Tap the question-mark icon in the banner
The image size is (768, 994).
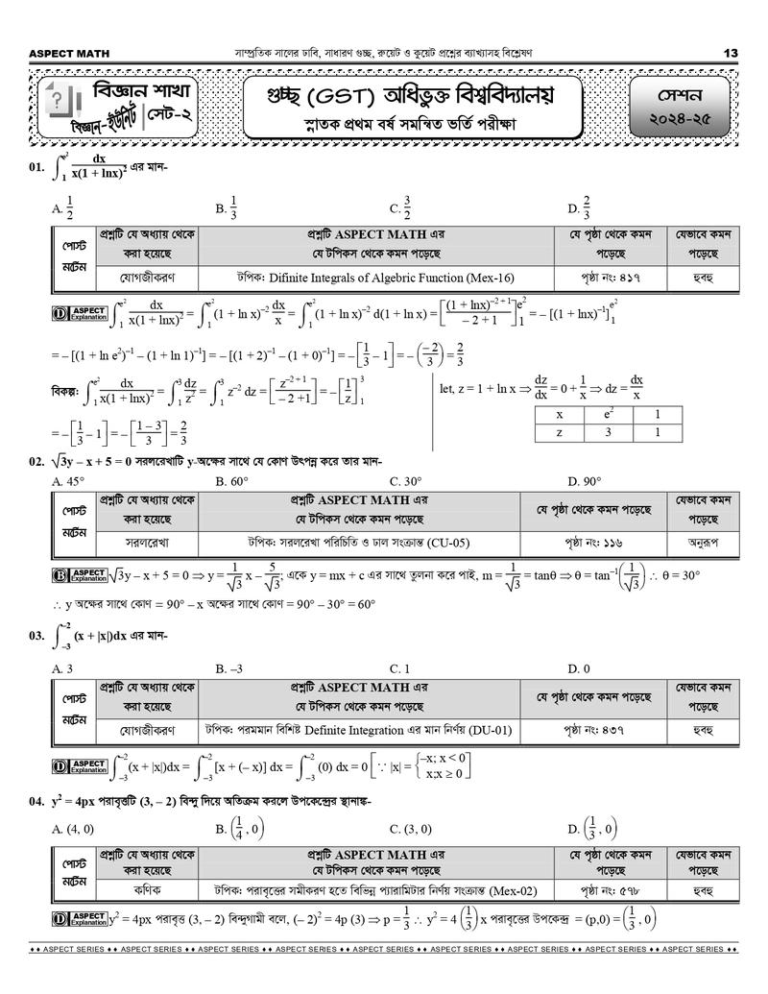(x=59, y=99)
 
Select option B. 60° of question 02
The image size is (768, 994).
(x=232, y=480)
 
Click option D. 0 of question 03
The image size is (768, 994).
(x=579, y=667)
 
